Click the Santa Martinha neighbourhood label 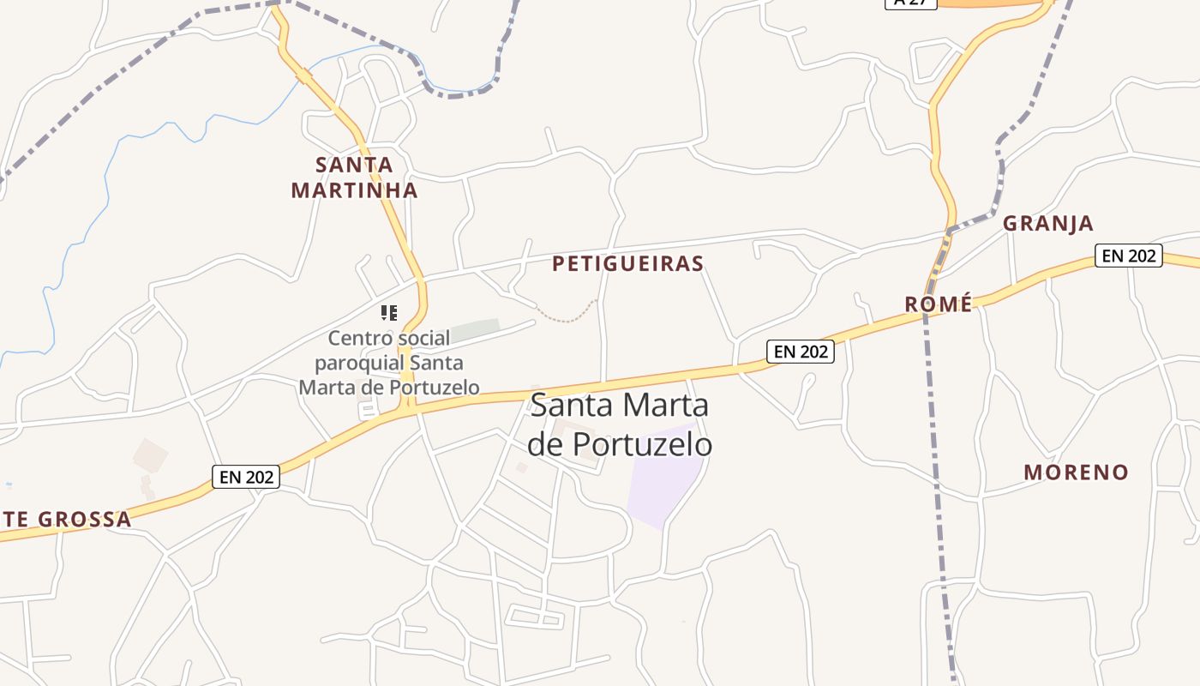coord(354,178)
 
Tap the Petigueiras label coord(627,263)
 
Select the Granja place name coord(1047,224)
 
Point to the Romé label coord(939,304)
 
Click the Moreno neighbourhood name coord(1076,472)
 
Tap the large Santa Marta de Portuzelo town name coord(620,424)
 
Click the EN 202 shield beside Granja coord(1129,256)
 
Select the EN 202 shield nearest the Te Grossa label coord(246,477)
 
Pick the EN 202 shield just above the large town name coord(800,351)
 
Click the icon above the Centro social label coord(389,313)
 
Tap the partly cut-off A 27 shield coord(910,3)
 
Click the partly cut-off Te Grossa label coord(67,519)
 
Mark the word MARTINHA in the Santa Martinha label coord(354,190)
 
